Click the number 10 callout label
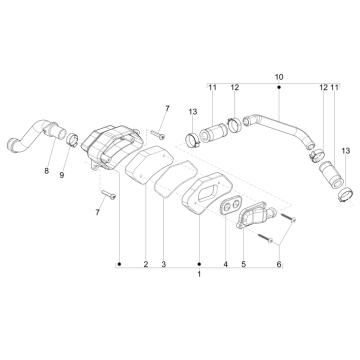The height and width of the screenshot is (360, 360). pyautogui.click(x=278, y=76)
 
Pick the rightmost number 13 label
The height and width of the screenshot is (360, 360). pyautogui.click(x=344, y=150)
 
